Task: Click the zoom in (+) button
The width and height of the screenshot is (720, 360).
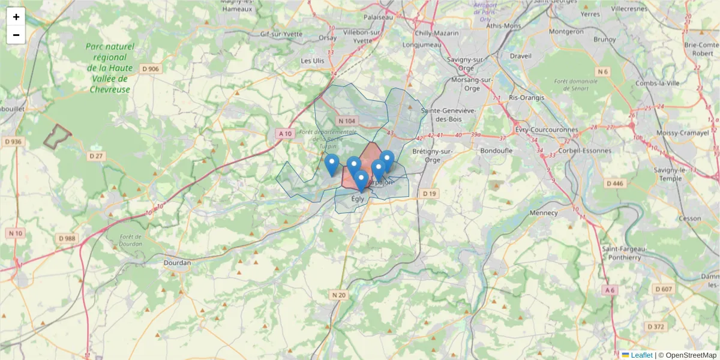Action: point(16,17)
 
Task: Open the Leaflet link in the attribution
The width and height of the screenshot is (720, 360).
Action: point(641,355)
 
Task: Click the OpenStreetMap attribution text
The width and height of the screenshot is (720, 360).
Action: point(691,355)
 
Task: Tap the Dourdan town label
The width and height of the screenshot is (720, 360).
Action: point(177,263)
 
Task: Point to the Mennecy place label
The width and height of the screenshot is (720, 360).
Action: point(543,212)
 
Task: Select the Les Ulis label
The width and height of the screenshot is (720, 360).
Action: point(312,61)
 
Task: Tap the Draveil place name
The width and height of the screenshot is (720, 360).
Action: point(521,56)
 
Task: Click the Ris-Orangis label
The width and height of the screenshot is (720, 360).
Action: point(526,97)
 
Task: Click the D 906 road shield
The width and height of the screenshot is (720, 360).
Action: point(151,69)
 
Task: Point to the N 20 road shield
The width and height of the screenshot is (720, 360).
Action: point(339,295)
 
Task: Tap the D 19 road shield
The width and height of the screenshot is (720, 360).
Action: point(430,194)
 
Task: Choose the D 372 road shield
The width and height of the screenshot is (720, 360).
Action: point(656,326)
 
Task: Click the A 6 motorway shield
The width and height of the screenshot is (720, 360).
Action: point(610,290)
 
